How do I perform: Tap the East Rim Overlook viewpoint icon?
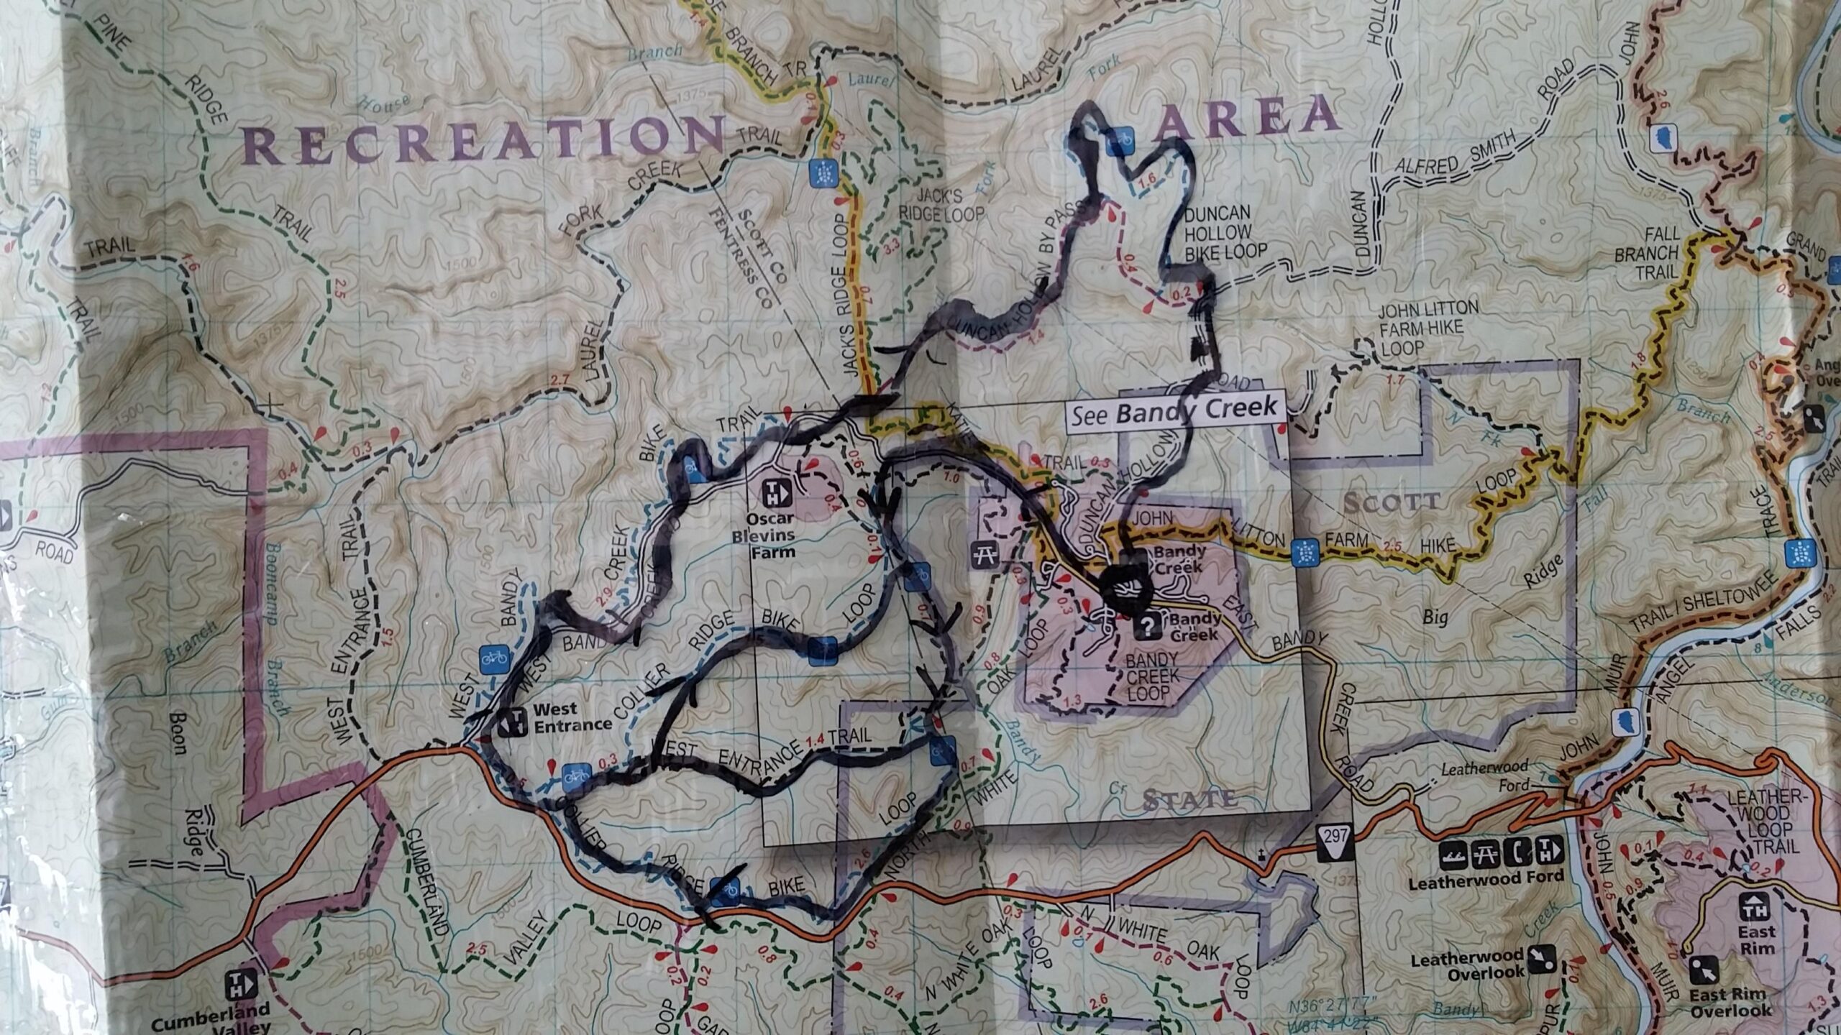click(x=1700, y=970)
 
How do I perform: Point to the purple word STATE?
click(x=1190, y=797)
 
